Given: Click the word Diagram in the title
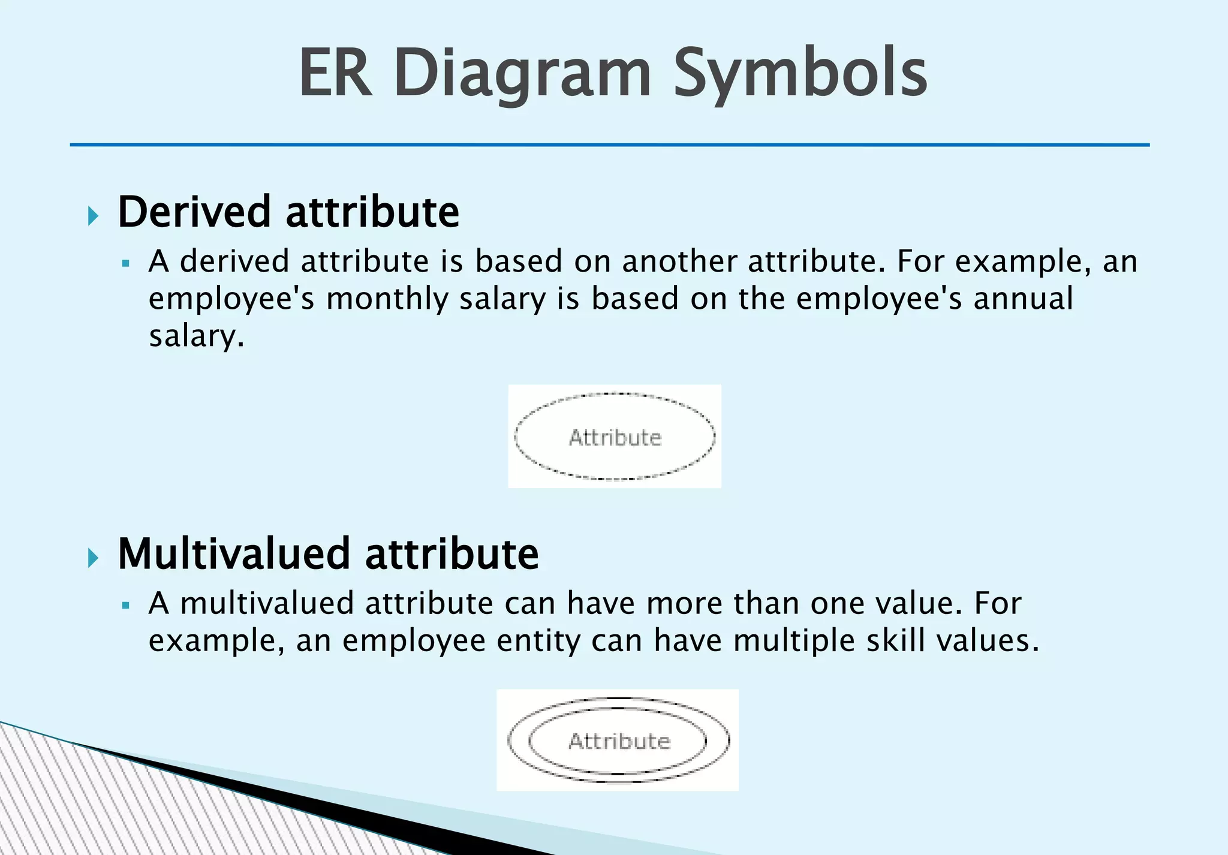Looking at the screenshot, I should [522, 73].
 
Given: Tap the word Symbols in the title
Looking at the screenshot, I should [800, 73].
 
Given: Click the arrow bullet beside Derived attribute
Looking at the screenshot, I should [93, 216].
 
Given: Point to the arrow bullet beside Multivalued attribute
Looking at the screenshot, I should [93, 558].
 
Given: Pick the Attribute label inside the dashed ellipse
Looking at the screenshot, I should [615, 438].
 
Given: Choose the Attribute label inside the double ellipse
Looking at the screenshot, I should [619, 742].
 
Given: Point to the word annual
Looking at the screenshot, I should [1023, 299].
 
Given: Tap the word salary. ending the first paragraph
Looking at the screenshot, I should [197, 336].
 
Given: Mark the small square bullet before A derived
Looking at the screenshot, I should [125, 263].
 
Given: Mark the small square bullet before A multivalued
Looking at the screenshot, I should [125, 606].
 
